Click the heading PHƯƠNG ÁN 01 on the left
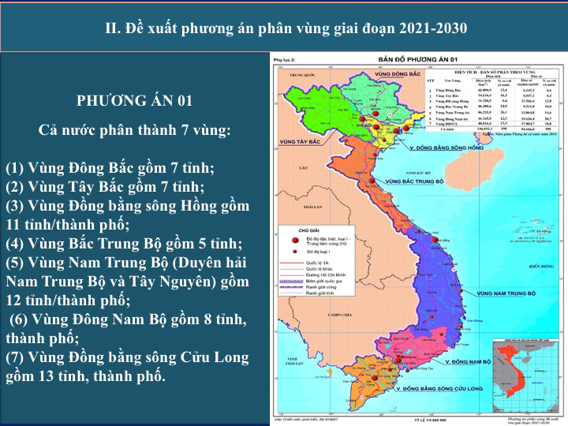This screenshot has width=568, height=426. (x=134, y=100)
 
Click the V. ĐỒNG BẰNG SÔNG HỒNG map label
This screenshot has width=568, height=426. (x=446, y=148)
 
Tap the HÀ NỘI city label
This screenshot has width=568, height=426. (x=364, y=125)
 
